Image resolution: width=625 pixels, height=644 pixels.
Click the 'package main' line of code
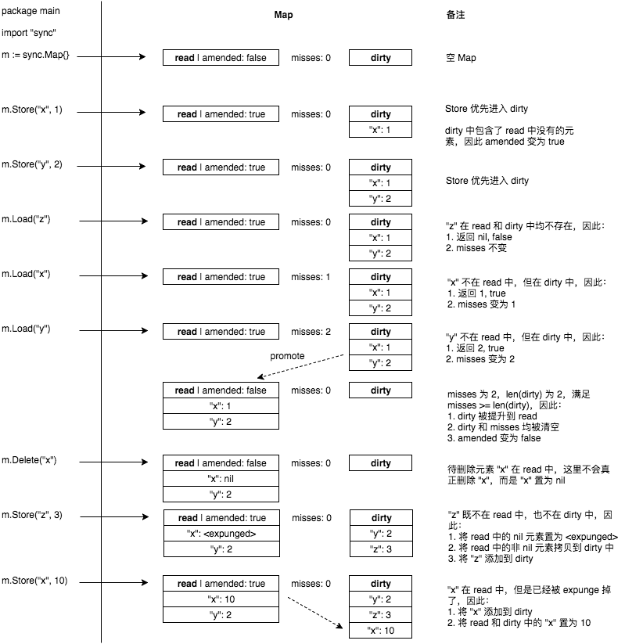31,11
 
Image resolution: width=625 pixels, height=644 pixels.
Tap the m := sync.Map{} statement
41,56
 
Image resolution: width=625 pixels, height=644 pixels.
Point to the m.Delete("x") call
29,460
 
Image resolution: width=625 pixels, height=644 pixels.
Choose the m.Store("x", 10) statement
34,580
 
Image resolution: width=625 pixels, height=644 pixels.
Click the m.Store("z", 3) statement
32,514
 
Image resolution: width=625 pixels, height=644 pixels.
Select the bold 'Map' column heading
283,15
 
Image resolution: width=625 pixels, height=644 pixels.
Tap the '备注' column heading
455,15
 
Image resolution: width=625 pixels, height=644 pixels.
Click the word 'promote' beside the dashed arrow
286,356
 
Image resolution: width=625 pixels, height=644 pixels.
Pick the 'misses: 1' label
311,277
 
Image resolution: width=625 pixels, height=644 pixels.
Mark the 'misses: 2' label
311,332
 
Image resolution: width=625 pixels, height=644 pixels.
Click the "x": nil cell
221,479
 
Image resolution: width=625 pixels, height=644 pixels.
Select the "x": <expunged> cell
221,534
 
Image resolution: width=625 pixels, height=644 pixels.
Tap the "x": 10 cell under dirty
381,631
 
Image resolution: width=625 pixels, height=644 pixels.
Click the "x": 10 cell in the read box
221,599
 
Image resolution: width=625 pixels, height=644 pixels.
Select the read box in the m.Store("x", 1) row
221,114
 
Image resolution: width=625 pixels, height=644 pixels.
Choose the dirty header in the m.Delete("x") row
381,463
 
